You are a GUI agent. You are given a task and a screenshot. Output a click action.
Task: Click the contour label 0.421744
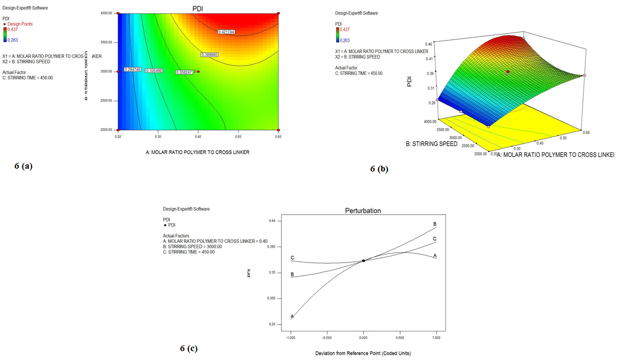pyautogui.click(x=226, y=32)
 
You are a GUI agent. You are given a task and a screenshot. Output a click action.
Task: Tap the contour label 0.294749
pyautogui.click(x=133, y=70)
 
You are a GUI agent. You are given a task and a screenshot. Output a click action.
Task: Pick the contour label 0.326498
pyautogui.click(x=154, y=71)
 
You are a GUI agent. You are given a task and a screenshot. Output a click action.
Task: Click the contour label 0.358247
pyautogui.click(x=183, y=72)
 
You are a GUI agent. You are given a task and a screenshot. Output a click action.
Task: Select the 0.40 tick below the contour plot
pyautogui.click(x=198, y=135)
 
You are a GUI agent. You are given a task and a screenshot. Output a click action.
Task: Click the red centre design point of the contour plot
pyautogui.click(x=198, y=72)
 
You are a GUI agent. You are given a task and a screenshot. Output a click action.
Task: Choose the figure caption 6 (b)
pyautogui.click(x=379, y=169)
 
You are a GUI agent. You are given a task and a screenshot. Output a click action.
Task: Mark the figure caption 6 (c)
pyautogui.click(x=189, y=349)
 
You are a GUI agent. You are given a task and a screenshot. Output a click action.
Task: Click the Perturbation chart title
pyautogui.click(x=364, y=211)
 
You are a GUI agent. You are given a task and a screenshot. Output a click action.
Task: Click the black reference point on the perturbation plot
pyautogui.click(x=364, y=260)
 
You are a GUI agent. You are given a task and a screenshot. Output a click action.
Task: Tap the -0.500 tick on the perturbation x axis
pyautogui.click(x=327, y=338)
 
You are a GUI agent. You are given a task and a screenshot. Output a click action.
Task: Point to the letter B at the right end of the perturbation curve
pyautogui.click(x=435, y=224)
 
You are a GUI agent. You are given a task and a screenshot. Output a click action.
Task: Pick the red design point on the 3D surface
pyautogui.click(x=508, y=72)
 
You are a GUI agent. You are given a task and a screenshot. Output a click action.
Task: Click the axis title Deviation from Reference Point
pyautogui.click(x=363, y=353)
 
